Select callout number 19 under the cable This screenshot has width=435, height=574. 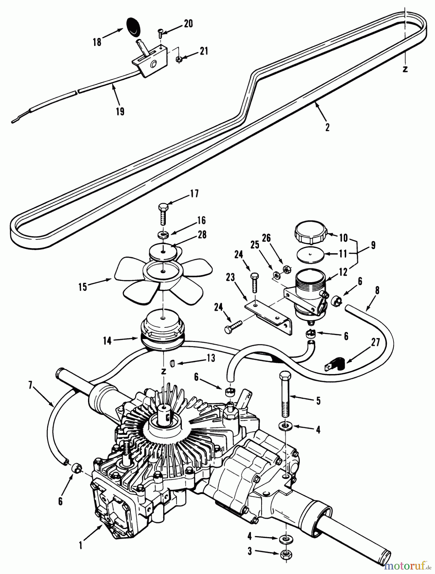(x=121, y=112)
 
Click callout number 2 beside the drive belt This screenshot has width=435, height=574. (x=327, y=127)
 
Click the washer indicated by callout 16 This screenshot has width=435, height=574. (x=163, y=235)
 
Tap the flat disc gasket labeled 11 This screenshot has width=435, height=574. (x=309, y=256)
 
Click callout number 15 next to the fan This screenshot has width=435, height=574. (x=83, y=287)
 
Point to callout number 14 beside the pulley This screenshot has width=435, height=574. (x=107, y=341)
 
